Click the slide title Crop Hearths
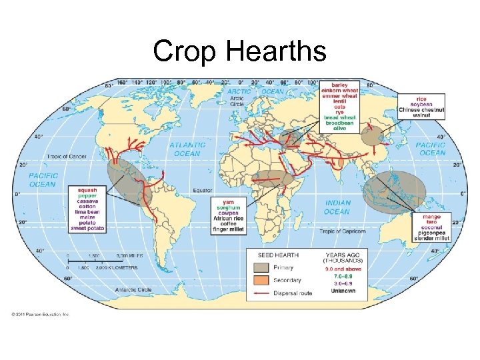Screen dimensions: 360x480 (239, 50)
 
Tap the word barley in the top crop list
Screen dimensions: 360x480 (340, 85)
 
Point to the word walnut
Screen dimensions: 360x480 (421, 115)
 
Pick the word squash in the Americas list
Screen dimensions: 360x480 (87, 190)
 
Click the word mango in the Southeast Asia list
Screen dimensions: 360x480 (431, 217)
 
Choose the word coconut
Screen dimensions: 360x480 (431, 227)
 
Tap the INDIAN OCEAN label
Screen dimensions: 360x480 (337, 207)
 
